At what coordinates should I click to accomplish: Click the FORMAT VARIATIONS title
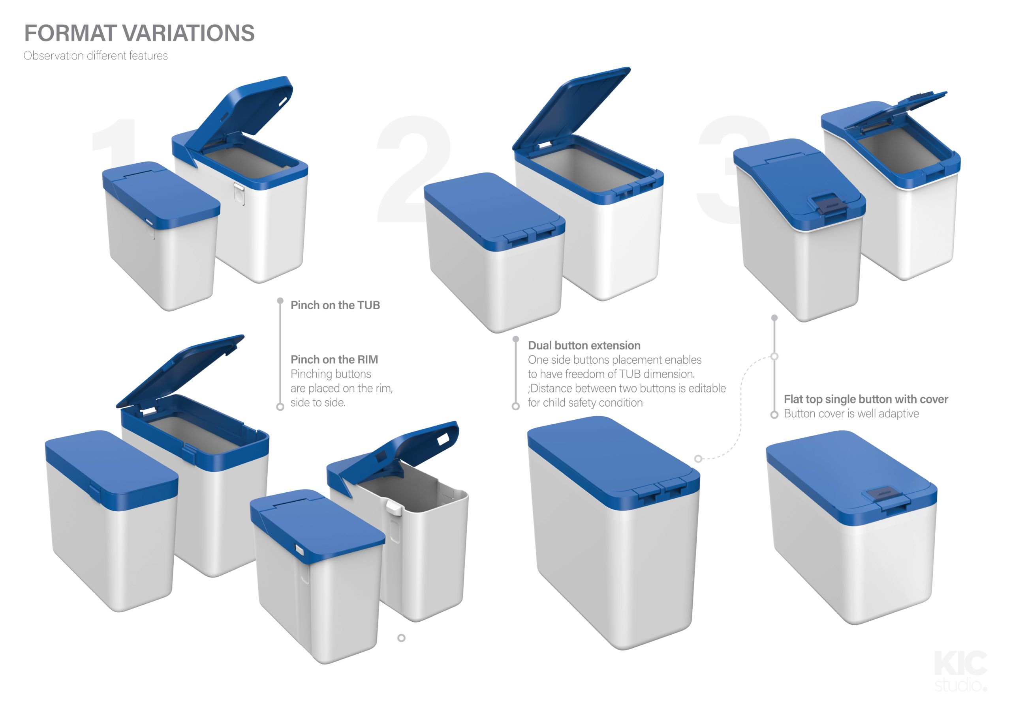pyautogui.click(x=139, y=33)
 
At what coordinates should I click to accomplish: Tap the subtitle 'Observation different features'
pyautogui.click(x=96, y=56)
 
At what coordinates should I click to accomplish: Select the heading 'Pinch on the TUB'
pyautogui.click(x=335, y=305)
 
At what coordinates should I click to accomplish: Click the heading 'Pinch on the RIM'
pyautogui.click(x=334, y=359)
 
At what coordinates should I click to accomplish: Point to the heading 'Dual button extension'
pyautogui.click(x=584, y=345)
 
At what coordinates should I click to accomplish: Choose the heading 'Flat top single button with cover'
pyautogui.click(x=866, y=400)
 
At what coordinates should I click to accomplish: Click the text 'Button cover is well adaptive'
pyautogui.click(x=851, y=413)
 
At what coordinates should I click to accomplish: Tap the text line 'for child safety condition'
pyautogui.click(x=585, y=402)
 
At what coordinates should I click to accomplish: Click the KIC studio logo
pyautogui.click(x=960, y=671)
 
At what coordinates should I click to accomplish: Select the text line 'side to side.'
pyautogui.click(x=318, y=402)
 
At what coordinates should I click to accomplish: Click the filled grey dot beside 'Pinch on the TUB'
pyautogui.click(x=280, y=301)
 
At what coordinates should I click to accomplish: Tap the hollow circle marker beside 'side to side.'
pyautogui.click(x=280, y=407)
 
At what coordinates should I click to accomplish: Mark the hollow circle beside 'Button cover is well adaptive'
pyautogui.click(x=774, y=415)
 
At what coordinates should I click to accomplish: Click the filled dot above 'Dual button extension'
pyautogui.click(x=516, y=339)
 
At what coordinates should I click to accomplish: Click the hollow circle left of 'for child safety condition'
pyautogui.click(x=516, y=406)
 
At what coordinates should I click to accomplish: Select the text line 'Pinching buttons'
pyautogui.click(x=331, y=374)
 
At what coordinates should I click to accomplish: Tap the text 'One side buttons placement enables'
pyautogui.click(x=615, y=360)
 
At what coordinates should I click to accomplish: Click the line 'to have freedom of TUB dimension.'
pyautogui.click(x=611, y=374)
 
